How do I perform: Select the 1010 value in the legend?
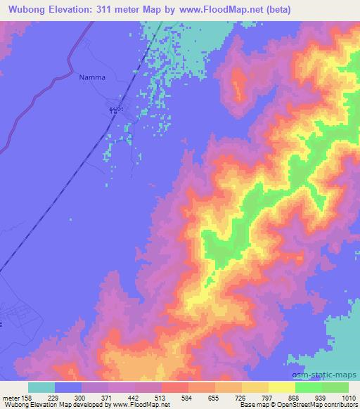[349, 397]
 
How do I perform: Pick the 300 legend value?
[82, 397]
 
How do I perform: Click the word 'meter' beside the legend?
[11, 397]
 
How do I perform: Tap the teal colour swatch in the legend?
[41, 387]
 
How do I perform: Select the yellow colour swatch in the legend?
[281, 387]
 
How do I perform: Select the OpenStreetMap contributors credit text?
[319, 405]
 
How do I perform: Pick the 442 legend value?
[135, 397]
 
